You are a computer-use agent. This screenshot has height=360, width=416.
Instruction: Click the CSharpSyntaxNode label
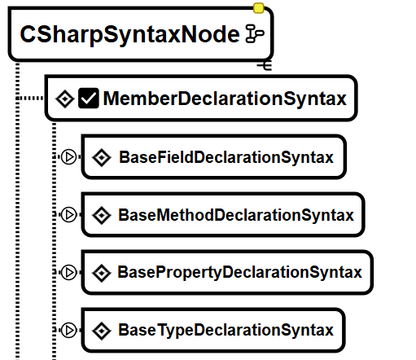[129, 35]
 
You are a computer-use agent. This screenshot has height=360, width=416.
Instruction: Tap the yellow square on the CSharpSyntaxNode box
[258, 8]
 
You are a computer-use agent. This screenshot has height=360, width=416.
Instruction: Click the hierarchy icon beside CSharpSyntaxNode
[255, 33]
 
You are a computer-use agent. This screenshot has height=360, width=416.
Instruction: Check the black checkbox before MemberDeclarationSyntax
[89, 98]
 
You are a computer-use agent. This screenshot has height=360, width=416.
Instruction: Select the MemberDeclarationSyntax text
[225, 99]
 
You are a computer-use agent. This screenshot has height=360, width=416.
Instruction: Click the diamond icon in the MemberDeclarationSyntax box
[65, 99]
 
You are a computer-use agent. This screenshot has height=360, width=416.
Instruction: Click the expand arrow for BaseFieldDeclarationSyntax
[68, 156]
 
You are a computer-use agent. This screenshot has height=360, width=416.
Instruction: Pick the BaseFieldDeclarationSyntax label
[226, 157]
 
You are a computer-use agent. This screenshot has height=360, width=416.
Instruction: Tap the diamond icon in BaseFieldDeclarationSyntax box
[102, 157]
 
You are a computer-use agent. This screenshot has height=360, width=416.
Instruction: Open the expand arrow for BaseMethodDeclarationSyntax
[68, 214]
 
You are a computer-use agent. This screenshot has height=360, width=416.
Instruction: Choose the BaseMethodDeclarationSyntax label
[236, 215]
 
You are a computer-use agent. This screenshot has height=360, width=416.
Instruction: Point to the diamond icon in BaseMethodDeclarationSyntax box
[102, 215]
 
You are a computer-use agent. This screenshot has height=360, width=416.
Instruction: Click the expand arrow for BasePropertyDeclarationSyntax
[68, 272]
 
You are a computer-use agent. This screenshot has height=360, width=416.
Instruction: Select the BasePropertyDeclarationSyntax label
[239, 272]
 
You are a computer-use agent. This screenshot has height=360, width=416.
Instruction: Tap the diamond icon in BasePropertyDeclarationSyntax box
[102, 273]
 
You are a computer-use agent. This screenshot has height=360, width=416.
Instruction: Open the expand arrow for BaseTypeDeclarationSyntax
[68, 330]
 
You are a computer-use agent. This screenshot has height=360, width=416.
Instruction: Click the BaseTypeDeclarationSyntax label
[226, 330]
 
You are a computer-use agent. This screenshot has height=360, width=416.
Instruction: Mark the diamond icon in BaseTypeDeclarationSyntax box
[102, 331]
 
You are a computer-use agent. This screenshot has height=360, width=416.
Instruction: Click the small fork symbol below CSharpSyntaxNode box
[265, 66]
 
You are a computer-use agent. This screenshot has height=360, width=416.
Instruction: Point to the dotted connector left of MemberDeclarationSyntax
[30, 98]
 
